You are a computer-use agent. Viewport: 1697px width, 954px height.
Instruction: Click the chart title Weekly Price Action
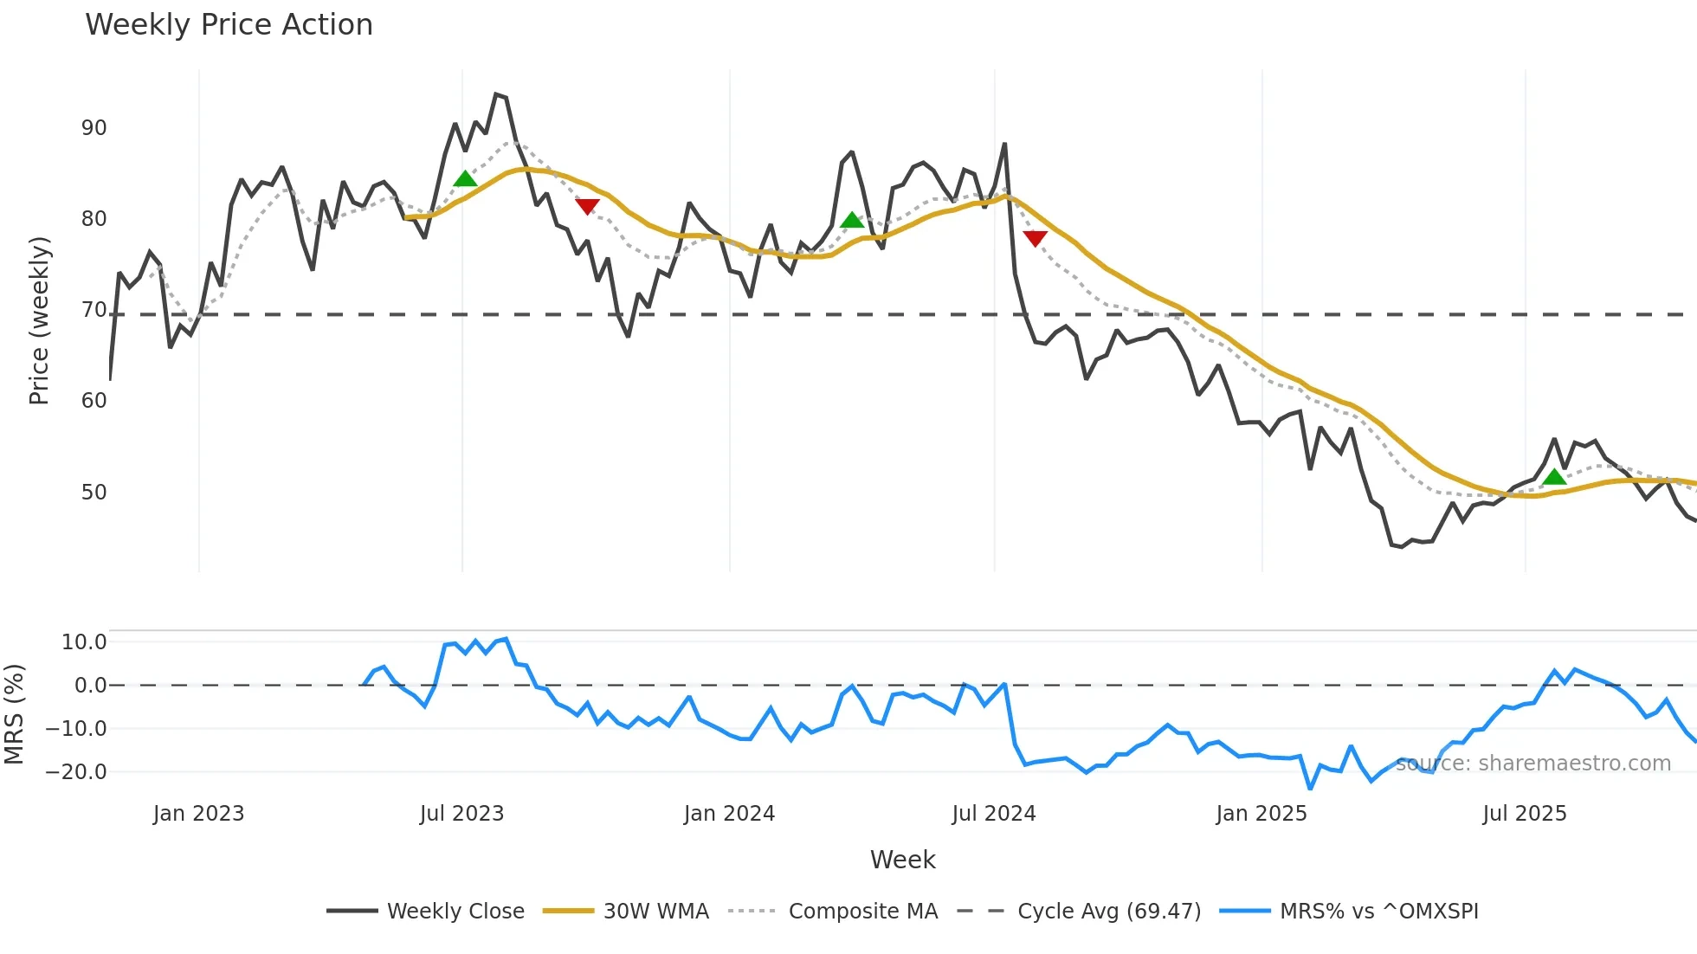click(x=229, y=24)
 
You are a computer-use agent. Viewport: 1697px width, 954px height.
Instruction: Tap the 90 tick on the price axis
click(x=94, y=128)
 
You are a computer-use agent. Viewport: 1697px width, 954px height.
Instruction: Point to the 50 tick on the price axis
click(x=94, y=493)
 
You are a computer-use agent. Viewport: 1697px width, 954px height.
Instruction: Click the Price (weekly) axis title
click(x=39, y=320)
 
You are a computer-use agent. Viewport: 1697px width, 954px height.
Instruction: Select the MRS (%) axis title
click(x=14, y=714)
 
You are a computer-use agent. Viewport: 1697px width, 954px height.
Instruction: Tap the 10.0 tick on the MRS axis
click(x=84, y=642)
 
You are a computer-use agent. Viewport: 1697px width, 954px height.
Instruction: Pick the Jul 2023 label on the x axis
click(x=461, y=814)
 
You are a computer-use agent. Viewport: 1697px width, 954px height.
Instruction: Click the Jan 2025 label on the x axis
click(x=1261, y=814)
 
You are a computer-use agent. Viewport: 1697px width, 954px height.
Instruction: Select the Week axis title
click(x=902, y=860)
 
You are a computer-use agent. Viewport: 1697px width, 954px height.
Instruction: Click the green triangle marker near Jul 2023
click(x=465, y=179)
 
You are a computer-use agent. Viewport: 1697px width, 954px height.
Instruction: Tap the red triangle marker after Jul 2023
click(x=587, y=206)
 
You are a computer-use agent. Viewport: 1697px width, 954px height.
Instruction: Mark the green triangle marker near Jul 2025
click(x=1554, y=477)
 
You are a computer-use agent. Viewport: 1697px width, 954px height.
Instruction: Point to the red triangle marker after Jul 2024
click(x=1035, y=238)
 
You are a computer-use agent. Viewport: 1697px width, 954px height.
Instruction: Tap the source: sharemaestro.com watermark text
click(x=1532, y=764)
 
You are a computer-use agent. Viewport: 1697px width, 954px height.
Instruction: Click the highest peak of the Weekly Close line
click(x=496, y=93)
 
